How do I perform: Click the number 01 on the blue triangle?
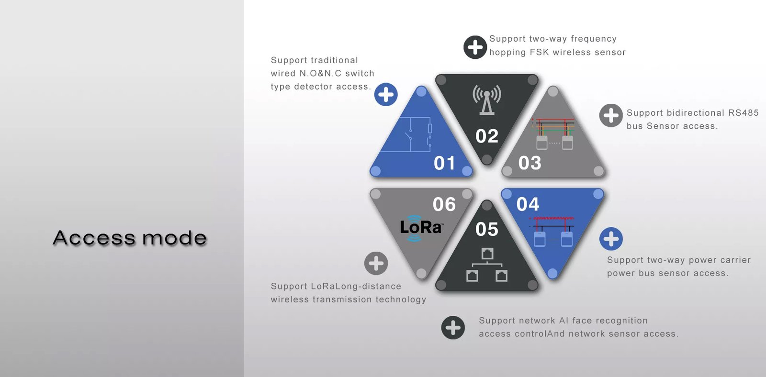click(444, 163)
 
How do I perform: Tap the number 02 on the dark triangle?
click(486, 136)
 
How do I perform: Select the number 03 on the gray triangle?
click(529, 163)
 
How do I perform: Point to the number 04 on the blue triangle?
click(528, 204)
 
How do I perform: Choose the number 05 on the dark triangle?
click(486, 229)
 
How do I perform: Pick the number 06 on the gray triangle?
click(444, 204)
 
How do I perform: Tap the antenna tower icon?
click(487, 100)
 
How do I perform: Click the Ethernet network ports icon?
click(486, 265)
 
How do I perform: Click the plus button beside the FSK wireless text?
click(475, 47)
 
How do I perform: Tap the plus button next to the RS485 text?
click(611, 115)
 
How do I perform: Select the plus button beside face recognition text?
click(453, 327)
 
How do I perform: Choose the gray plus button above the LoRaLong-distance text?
click(376, 264)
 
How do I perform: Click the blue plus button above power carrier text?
click(611, 239)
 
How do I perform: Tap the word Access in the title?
click(94, 238)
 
